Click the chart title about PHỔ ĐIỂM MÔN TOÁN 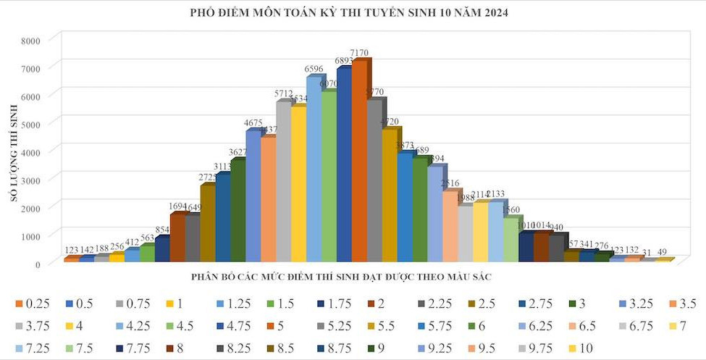pos(353,13)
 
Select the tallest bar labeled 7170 pos(359,159)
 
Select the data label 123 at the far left pos(72,251)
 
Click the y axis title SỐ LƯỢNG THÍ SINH pos(14,151)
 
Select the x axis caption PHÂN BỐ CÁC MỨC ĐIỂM pos(343,277)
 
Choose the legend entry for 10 pos(587,348)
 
